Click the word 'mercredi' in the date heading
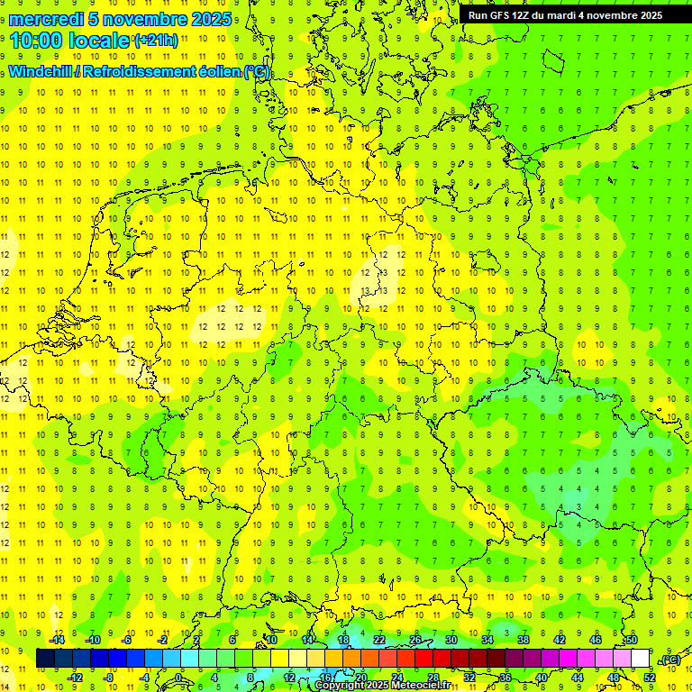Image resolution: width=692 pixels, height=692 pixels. pyautogui.click(x=47, y=19)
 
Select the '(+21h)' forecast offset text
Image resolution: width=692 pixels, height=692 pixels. pyautogui.click(x=155, y=41)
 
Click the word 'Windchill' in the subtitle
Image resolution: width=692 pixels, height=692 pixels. pyautogui.click(x=40, y=72)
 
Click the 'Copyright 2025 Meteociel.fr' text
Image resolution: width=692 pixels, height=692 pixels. pyautogui.click(x=383, y=686)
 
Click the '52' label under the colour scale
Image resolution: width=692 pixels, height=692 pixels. pyautogui.click(x=649, y=678)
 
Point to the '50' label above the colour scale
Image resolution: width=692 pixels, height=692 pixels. pyautogui.click(x=632, y=640)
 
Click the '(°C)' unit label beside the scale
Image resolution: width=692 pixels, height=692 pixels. pyautogui.click(x=669, y=660)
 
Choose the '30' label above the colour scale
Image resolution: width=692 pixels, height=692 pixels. pyautogui.click(x=451, y=640)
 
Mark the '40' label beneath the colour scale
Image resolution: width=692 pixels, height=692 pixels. pyautogui.click(x=541, y=678)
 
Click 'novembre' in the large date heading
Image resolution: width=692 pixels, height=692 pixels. pyautogui.click(x=150, y=19)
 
